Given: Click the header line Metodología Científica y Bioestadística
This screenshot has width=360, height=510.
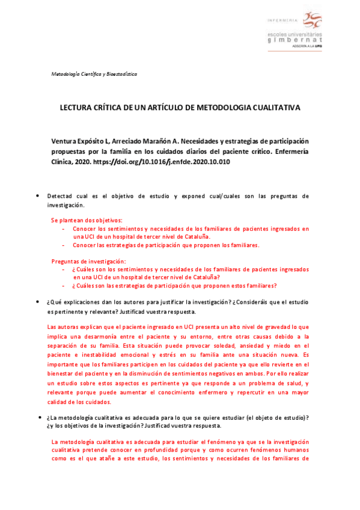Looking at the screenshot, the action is click(94, 74).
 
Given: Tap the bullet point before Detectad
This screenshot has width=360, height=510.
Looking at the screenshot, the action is click(38, 196).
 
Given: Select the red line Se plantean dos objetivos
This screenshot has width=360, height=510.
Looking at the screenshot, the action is click(87, 220).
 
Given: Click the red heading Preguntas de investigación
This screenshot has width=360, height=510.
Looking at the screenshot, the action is click(88, 261).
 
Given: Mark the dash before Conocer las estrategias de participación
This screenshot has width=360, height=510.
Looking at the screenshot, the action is click(64, 245).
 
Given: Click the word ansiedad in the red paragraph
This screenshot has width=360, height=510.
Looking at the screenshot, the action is click(267, 346).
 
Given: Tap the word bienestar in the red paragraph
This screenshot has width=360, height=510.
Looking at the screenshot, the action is click(63, 374).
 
